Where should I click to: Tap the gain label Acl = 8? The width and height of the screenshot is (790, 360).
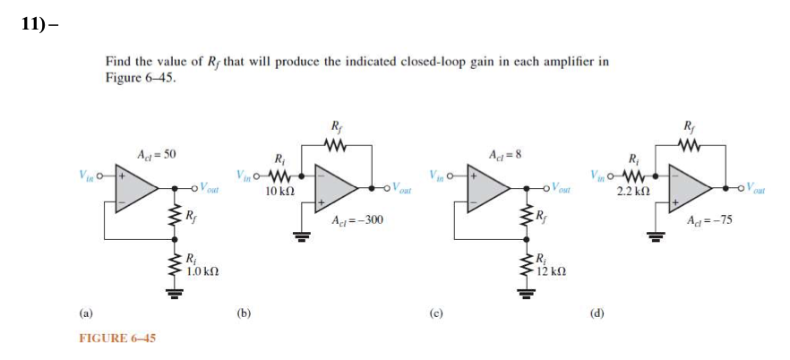(x=503, y=155)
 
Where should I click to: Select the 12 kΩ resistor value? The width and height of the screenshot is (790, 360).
(x=551, y=270)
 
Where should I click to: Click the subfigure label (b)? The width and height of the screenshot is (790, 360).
(x=243, y=313)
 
